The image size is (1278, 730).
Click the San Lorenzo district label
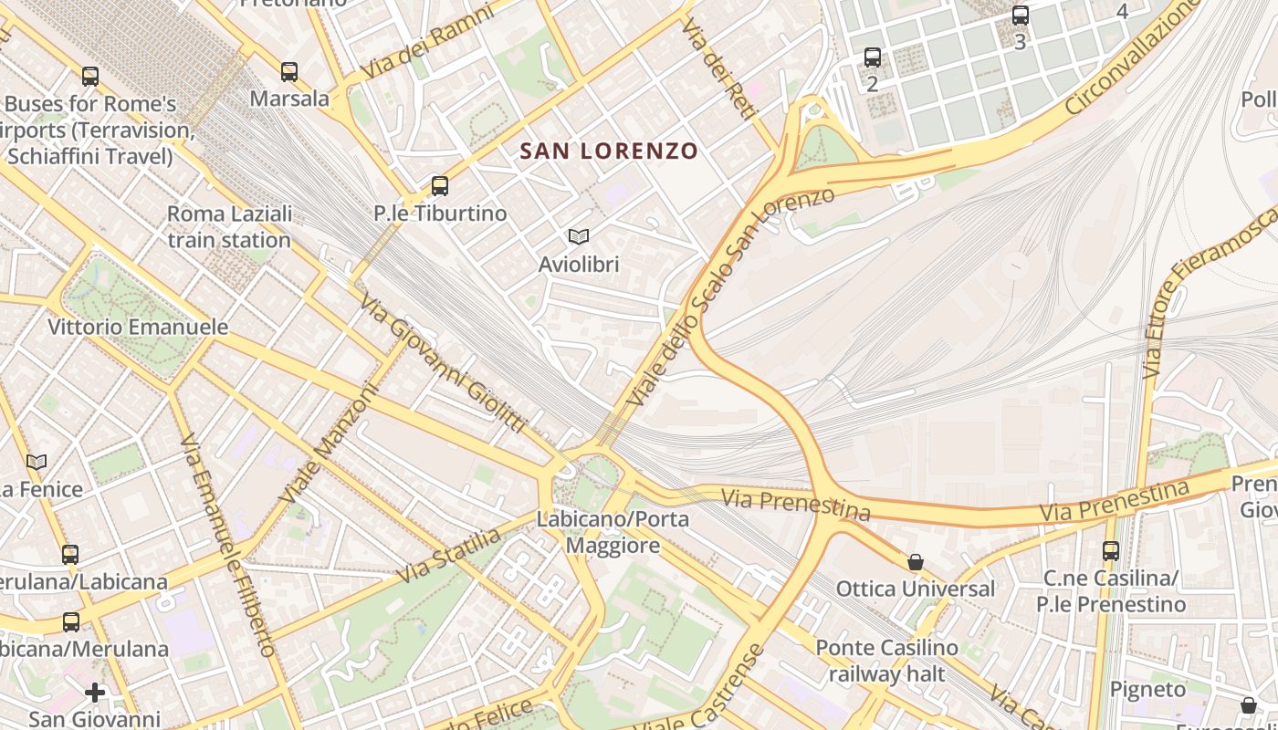[609, 151]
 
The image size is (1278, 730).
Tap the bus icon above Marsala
[289, 71]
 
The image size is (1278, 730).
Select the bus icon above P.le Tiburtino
[440, 186]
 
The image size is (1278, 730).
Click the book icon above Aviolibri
[578, 237]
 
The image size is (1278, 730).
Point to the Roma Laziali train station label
[229, 227]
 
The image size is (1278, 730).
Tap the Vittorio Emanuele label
[138, 327]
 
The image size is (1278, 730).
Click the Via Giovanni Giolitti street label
[443, 362]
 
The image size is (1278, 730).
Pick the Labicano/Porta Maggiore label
[613, 532]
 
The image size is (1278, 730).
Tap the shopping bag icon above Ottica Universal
[915, 562]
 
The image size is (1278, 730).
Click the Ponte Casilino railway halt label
[886, 661]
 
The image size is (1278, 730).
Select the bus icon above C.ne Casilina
[1110, 551]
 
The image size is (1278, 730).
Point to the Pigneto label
[1147, 689]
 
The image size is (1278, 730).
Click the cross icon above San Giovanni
[95, 693]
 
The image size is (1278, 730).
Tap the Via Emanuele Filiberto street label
[228, 546]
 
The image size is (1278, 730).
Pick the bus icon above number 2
[873, 57]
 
